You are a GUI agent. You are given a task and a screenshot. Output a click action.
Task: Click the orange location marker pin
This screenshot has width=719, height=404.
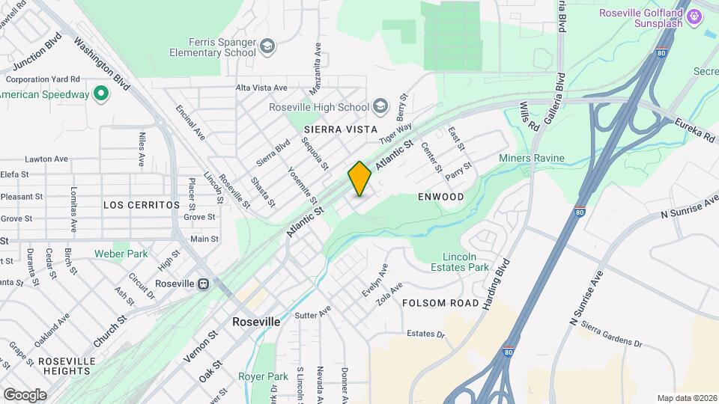[359, 179]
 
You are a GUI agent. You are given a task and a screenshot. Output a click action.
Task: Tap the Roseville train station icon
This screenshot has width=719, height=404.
[203, 284]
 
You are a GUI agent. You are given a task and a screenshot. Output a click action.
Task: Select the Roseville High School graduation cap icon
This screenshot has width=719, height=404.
[380, 107]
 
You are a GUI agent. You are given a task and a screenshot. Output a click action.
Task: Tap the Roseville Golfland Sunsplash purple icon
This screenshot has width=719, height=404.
[695, 14]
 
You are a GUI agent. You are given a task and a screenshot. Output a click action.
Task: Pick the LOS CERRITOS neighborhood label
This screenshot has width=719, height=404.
[142, 204]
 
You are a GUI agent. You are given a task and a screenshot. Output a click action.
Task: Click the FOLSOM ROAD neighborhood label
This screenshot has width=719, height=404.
[440, 303]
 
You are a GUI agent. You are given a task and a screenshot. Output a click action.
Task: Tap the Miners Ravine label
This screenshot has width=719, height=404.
[532, 159]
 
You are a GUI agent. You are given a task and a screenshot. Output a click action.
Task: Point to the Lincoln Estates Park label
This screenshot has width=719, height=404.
[460, 262]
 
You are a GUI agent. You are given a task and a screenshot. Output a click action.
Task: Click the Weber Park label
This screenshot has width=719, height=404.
[121, 254]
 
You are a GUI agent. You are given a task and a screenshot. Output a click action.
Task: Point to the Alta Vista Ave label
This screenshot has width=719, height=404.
[261, 88]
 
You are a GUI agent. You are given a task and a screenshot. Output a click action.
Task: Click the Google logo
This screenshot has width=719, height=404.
[25, 394]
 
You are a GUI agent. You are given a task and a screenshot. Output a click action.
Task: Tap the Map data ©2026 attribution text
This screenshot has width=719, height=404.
[686, 398]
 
